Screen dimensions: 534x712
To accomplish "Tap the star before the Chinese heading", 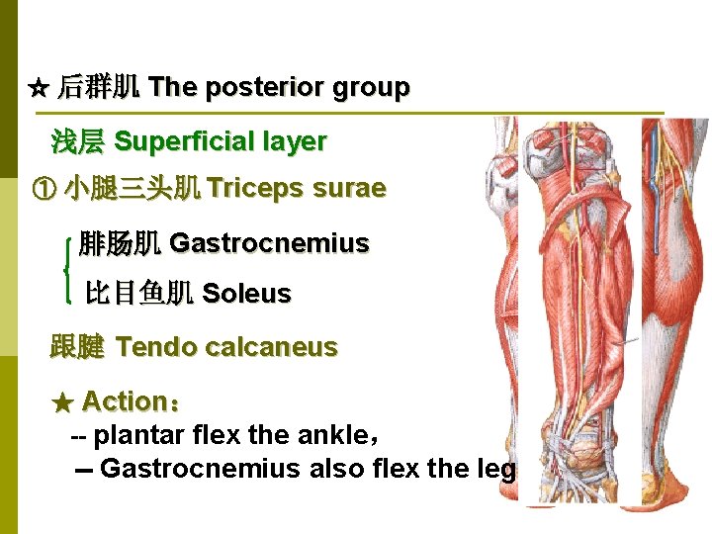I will pos(39,89).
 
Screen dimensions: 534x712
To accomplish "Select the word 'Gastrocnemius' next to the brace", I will pos(269,243).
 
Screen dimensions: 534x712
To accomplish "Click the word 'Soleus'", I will pos(246,294).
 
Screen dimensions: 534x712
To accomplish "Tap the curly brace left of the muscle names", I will pos(66,268).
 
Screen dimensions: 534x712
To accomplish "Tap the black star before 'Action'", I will pos(62,402).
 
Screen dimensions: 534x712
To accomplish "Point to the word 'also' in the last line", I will pos(333,468).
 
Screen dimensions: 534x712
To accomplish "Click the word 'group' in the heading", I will pos(371,88).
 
